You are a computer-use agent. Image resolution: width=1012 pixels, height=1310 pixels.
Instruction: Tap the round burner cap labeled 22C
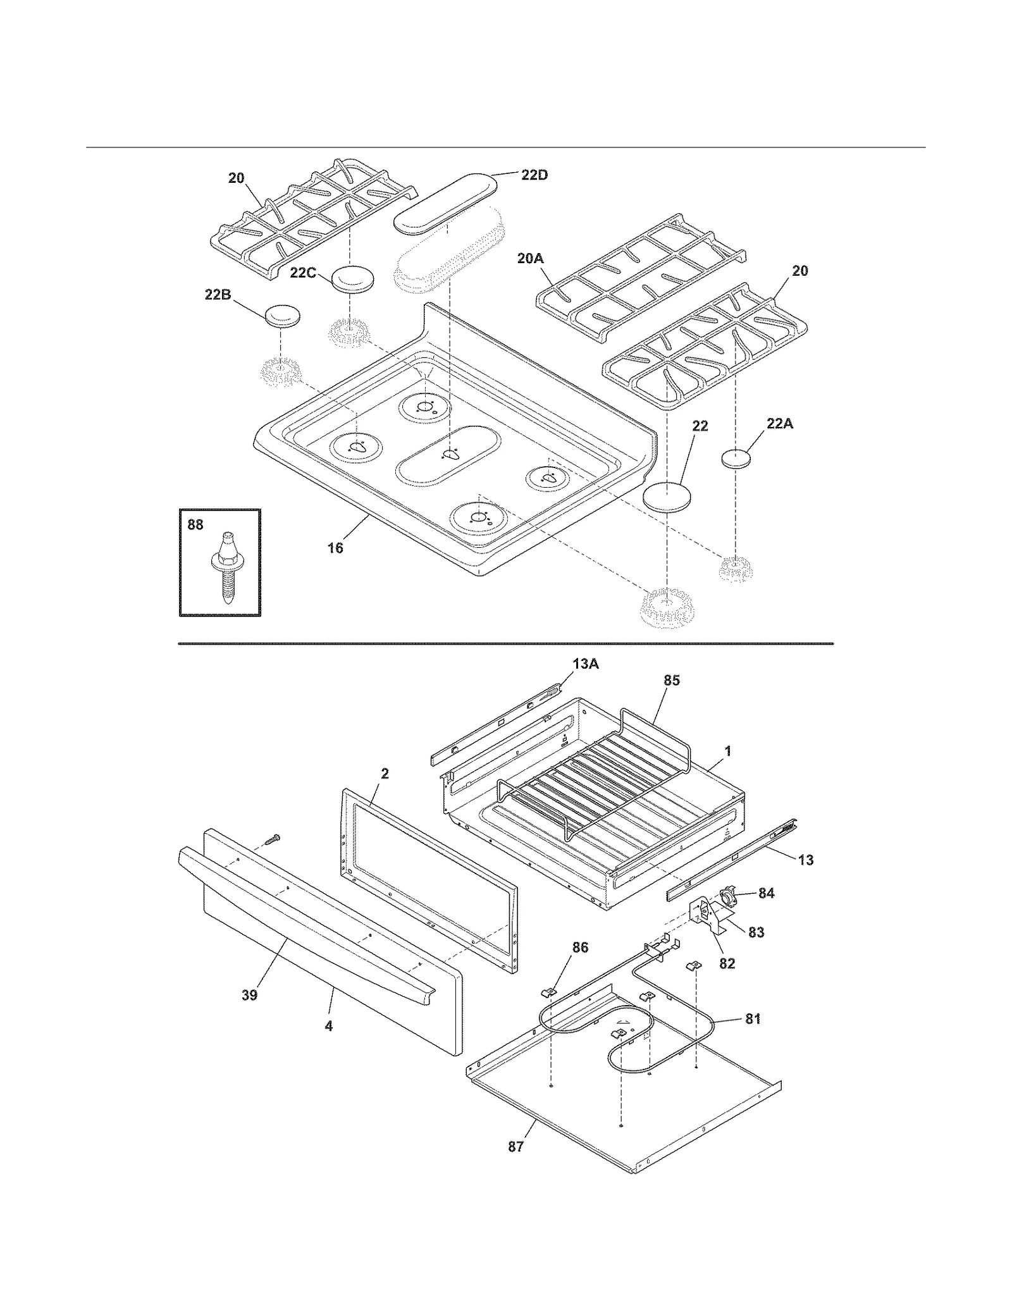click(x=352, y=279)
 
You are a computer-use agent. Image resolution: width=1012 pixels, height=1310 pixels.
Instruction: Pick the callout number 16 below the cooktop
click(x=335, y=548)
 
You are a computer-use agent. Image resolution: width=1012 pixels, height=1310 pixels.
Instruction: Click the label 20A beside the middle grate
click(x=530, y=258)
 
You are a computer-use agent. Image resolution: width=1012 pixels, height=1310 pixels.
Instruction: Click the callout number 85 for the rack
click(x=671, y=680)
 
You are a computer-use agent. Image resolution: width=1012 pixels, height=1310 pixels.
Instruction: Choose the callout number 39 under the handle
click(x=249, y=995)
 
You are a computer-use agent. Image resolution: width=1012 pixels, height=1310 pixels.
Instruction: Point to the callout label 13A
click(x=585, y=664)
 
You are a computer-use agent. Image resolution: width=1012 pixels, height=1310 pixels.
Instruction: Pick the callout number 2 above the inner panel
click(x=385, y=773)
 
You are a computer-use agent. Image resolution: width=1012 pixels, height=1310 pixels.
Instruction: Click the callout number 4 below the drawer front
click(x=328, y=1026)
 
